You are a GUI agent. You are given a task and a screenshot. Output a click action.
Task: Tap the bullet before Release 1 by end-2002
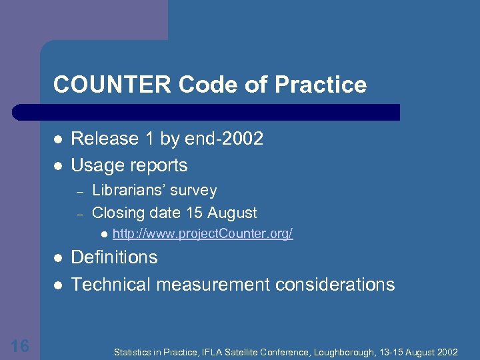(x=58, y=139)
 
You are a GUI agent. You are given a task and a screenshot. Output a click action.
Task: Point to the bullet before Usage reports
(x=58, y=165)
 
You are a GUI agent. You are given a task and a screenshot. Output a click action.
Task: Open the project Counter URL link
(x=203, y=235)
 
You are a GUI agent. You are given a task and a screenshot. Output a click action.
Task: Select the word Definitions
(x=114, y=257)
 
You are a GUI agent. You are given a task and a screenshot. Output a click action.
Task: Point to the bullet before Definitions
(x=58, y=258)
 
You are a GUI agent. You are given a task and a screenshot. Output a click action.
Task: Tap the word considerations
(x=336, y=285)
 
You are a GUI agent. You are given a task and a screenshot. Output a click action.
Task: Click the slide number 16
(x=20, y=345)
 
